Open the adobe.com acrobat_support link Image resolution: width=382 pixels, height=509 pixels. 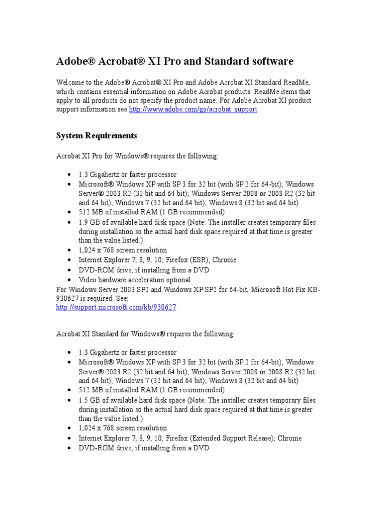tap(193, 109)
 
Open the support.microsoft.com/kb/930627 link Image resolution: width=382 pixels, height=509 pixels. tap(116, 307)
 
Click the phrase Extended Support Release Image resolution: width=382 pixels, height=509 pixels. tap(222, 438)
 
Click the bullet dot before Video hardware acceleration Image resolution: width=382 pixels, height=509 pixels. tap(68, 280)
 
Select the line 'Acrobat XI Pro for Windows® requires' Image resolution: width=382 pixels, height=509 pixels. tap(137, 156)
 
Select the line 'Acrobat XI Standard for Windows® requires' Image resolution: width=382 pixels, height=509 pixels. tap(145, 334)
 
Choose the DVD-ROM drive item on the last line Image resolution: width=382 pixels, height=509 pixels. tap(144, 448)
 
